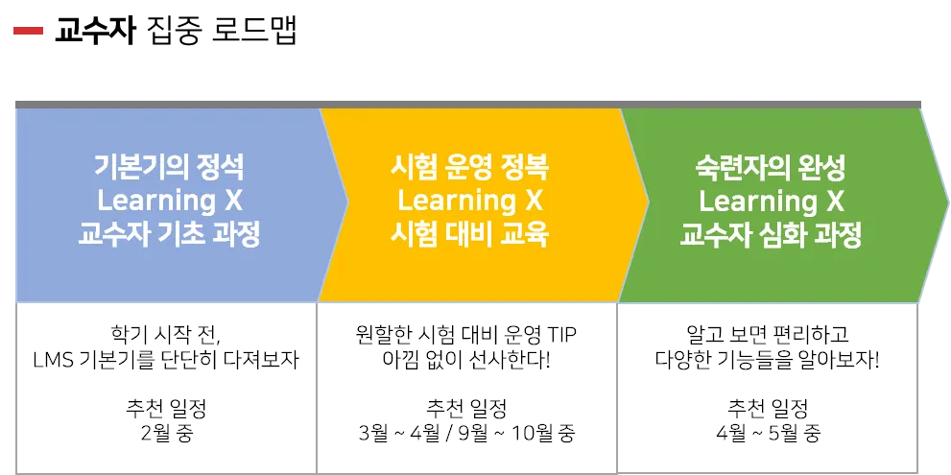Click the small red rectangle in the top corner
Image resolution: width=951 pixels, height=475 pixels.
[x=27, y=31]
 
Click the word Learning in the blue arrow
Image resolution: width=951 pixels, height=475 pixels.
[x=156, y=202]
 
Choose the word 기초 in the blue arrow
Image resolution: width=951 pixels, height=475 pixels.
[x=180, y=236]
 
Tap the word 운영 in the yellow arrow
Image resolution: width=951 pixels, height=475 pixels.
[x=469, y=168]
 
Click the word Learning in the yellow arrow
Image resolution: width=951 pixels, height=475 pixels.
[x=456, y=202]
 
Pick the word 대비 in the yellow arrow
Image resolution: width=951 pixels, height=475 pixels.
[x=469, y=236]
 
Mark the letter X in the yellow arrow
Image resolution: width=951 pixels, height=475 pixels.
[x=535, y=202]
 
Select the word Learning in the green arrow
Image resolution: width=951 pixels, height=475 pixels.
[x=757, y=202]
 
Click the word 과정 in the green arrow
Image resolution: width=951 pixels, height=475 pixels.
[x=836, y=236]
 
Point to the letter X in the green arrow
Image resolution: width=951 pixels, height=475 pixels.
[x=835, y=202]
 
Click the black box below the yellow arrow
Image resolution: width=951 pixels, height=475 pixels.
[x=469, y=388]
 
